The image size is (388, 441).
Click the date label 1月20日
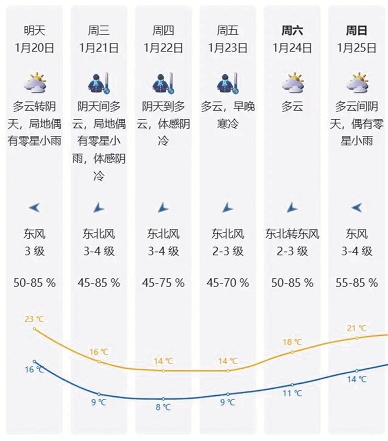coord(34,48)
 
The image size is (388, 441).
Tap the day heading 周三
coord(99,30)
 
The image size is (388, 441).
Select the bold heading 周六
coord(292,30)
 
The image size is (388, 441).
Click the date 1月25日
coord(357,48)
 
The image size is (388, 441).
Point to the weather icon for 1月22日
coord(163,83)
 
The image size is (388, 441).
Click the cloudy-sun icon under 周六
coord(292,83)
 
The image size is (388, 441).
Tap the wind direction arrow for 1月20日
coord(34,207)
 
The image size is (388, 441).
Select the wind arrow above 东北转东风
coord(292,207)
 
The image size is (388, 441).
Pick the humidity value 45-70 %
coord(227,283)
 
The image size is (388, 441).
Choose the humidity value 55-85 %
coord(357,283)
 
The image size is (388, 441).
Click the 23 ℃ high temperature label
coord(34,319)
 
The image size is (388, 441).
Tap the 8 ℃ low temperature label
coord(163,407)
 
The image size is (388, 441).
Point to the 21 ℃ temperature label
coord(357,328)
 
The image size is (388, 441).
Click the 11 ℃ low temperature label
coord(292,393)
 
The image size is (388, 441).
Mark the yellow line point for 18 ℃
coord(292,352)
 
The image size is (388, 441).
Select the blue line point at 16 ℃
coord(34,361)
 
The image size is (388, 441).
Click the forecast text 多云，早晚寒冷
coord(227,115)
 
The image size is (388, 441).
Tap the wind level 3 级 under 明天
coord(34,251)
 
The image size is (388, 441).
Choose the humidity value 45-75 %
coord(163,283)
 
